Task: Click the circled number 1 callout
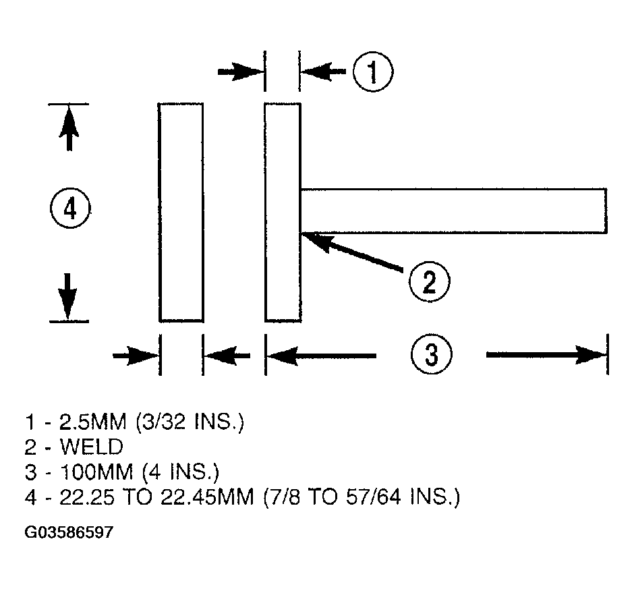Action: click(x=372, y=72)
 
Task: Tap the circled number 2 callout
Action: click(x=429, y=281)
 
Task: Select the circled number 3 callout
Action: click(x=432, y=354)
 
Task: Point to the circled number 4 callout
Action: click(x=70, y=208)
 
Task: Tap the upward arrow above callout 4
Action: click(x=69, y=128)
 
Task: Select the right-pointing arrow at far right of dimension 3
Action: click(x=547, y=355)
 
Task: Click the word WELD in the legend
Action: click(x=91, y=447)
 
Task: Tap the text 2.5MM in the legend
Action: click(x=92, y=422)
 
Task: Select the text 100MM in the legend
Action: click(x=96, y=472)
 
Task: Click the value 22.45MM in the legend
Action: click(x=207, y=497)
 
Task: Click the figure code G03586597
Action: click(x=69, y=532)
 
